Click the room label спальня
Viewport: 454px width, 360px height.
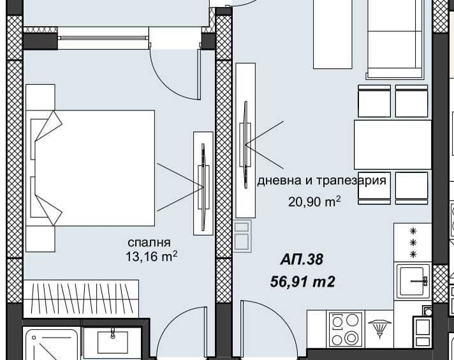click(149, 243)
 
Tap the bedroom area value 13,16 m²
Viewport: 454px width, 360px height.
click(151, 257)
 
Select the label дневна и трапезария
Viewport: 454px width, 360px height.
click(321, 181)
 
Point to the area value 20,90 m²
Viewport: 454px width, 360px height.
click(314, 202)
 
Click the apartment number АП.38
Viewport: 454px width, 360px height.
click(302, 260)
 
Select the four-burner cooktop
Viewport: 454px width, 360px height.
click(346, 329)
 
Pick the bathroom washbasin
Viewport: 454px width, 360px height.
click(112, 342)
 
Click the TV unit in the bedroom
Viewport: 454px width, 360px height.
click(203, 182)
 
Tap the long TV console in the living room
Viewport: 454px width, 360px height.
click(245, 140)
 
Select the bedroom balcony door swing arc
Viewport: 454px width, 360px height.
click(173, 74)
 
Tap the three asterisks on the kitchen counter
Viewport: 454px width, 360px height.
click(413, 243)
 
